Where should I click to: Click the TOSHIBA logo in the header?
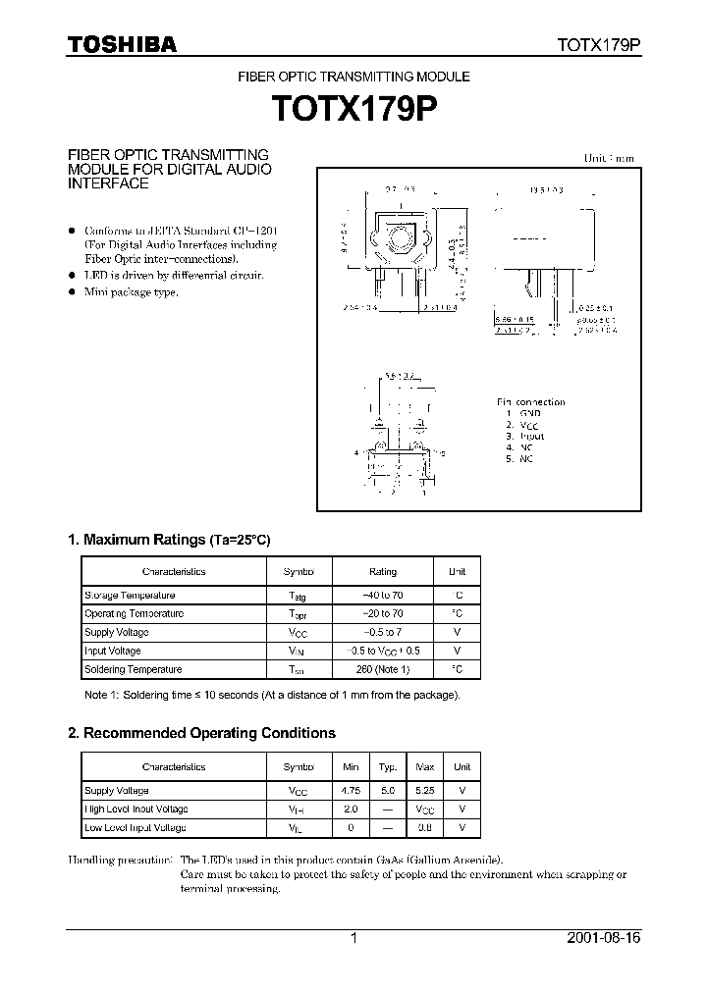coord(122,44)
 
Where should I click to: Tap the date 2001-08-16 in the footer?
coord(603,939)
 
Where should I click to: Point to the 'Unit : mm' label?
coord(609,158)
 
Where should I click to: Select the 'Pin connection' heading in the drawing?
coord(530,402)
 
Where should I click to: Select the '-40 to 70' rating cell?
coord(383,596)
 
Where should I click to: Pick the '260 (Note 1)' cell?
coord(383,669)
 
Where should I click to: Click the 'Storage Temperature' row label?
coord(130,596)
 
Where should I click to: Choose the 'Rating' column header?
coord(383,571)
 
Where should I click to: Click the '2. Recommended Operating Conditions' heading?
coord(201,733)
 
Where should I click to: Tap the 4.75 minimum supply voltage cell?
coord(352,790)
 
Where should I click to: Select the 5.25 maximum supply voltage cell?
coord(425,790)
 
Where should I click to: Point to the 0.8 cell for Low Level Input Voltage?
coord(425,827)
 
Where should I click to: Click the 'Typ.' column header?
coord(388,766)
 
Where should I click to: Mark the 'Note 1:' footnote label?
coord(103,695)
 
